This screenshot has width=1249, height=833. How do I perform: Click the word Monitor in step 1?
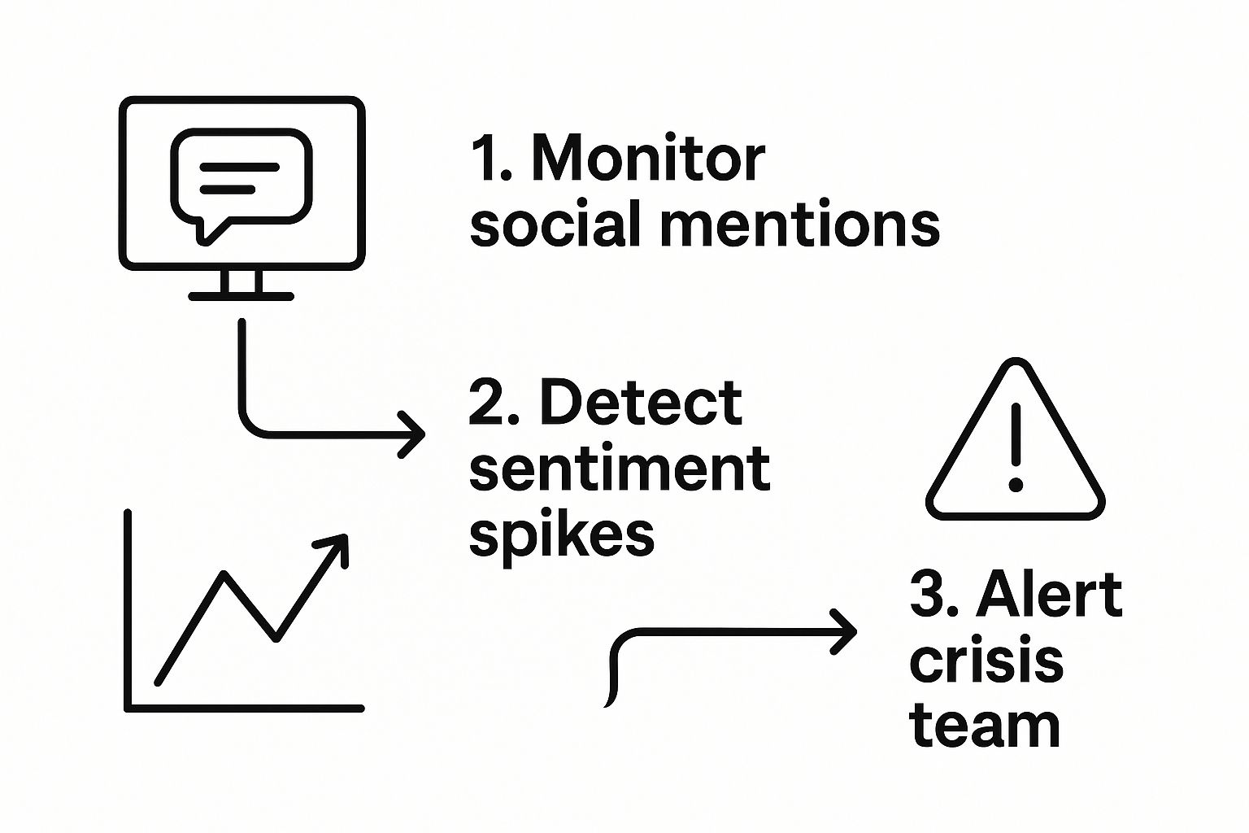pos(648,159)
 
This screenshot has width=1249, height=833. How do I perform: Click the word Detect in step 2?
pos(641,403)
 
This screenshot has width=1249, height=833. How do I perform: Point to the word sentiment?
pos(620,469)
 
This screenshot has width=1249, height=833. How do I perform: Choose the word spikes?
pos(562,536)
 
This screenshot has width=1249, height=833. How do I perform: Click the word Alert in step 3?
pos(1049,595)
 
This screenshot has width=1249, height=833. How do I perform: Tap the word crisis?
pos(986,662)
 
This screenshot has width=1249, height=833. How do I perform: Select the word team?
pos(985,726)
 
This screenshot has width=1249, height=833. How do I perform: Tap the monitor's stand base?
pos(242,296)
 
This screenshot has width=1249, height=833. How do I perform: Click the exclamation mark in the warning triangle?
pos(1016,447)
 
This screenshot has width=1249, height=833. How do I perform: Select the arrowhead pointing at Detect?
pos(414,434)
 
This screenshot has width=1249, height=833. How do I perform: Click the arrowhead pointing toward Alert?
pos(846,631)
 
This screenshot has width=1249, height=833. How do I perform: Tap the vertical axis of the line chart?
pos(128,610)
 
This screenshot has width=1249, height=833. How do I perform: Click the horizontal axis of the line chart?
pos(244,709)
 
